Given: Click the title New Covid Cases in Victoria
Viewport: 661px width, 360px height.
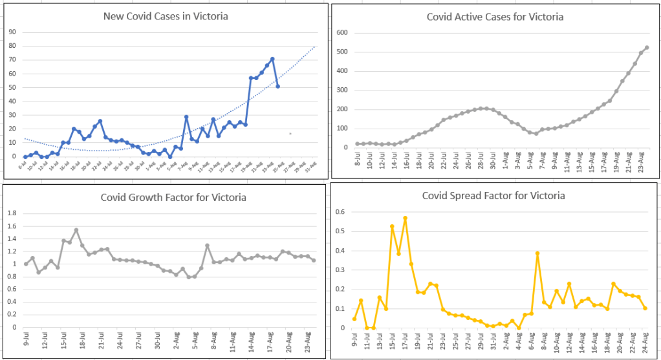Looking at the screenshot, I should point(166,16).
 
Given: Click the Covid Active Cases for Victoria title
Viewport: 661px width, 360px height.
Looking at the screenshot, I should point(495,17).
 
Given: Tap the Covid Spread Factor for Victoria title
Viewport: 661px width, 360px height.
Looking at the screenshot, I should point(493,195).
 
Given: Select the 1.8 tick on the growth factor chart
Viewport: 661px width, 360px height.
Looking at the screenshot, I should point(11,213).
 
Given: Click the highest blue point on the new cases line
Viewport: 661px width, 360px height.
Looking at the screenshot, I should point(272,59).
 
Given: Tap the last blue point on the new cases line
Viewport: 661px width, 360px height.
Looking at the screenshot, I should point(277,86).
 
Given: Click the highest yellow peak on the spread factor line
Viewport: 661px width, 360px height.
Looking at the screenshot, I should point(405,218).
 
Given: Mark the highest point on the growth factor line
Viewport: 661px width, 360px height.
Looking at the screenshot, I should point(76,230).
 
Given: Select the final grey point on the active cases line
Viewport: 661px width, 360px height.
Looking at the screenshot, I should point(647,47).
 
